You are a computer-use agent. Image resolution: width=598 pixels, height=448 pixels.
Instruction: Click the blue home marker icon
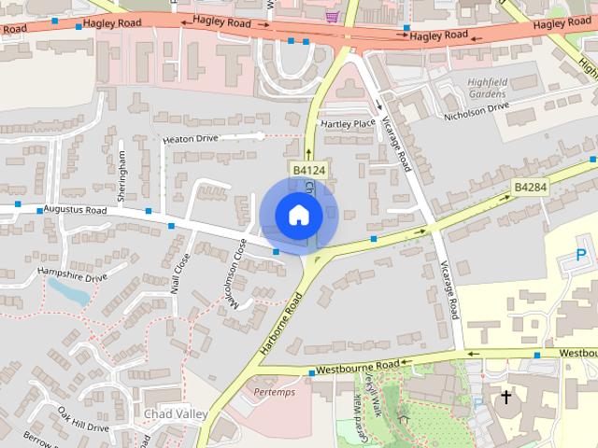[298, 215]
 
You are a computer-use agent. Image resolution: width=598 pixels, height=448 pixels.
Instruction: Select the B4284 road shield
[528, 188]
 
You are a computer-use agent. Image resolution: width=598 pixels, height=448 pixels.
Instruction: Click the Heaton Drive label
[190, 138]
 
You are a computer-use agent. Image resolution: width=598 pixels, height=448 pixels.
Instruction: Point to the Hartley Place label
[348, 122]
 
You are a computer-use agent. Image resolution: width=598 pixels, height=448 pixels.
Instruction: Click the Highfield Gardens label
[486, 89]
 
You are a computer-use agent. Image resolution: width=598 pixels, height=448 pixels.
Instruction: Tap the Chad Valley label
[171, 412]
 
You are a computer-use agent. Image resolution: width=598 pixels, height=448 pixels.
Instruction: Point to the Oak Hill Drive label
[83, 419]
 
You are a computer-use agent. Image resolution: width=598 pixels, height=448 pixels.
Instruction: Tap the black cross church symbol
[506, 398]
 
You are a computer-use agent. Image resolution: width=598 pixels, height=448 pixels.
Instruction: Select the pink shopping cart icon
[331, 16]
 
